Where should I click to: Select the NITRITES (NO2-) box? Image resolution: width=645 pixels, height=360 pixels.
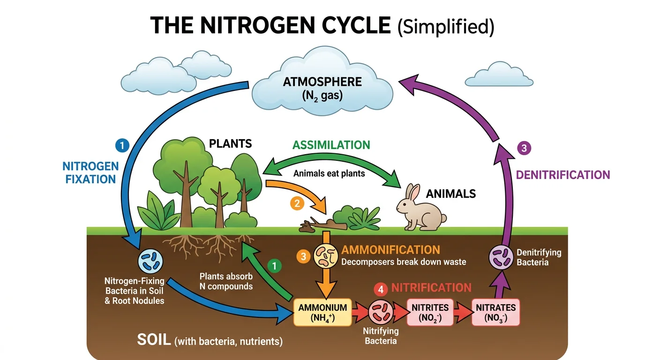click(x=430, y=312)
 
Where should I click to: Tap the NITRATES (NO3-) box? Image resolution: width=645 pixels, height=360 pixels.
click(x=495, y=312)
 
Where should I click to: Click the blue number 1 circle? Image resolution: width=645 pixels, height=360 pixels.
click(x=122, y=146)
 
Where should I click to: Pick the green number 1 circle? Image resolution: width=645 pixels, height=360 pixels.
click(x=275, y=266)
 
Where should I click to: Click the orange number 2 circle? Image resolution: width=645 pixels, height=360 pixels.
click(x=296, y=203)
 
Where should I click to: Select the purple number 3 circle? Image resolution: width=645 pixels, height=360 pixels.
click(x=524, y=149)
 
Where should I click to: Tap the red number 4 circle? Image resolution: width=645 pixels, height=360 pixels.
click(x=381, y=290)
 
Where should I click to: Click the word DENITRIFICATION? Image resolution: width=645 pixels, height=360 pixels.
click(x=562, y=175)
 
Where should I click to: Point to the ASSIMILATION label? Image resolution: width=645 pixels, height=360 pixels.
click(x=331, y=145)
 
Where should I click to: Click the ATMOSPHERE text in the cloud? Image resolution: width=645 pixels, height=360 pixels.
click(x=322, y=82)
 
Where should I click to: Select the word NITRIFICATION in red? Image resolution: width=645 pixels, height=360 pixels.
click(x=431, y=288)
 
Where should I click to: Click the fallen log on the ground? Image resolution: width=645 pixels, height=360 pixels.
click(x=323, y=226)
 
